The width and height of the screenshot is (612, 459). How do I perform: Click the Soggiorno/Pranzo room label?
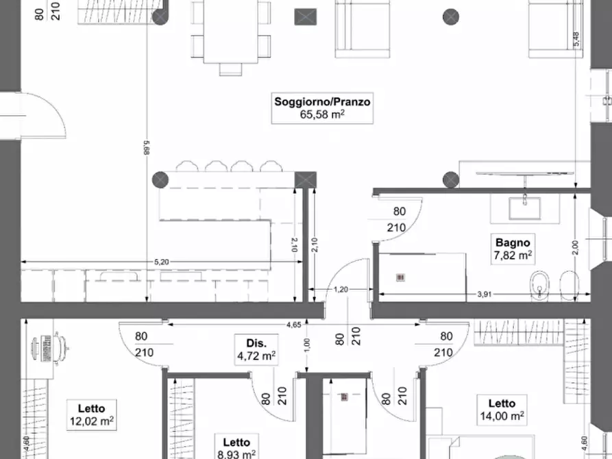pyautogui.click(x=322, y=101)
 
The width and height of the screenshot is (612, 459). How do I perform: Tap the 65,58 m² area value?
pyautogui.click(x=322, y=114)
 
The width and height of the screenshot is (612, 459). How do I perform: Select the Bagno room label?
pyautogui.click(x=513, y=243)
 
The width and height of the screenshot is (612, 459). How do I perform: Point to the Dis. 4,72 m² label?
pyautogui.click(x=256, y=349)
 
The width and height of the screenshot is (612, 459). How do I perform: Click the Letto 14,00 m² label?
pyautogui.click(x=502, y=410)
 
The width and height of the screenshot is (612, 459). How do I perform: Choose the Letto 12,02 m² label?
pyautogui.click(x=92, y=415)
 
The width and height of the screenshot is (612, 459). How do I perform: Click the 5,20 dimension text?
pyautogui.click(x=162, y=262)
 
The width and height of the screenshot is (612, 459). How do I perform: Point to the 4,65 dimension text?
pyautogui.click(x=293, y=325)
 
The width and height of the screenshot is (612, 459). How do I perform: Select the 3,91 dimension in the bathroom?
pyautogui.click(x=484, y=295)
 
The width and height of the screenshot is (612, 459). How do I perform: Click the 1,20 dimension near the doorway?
pyautogui.click(x=341, y=290)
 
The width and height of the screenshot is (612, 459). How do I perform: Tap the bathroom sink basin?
pyautogui.click(x=525, y=208)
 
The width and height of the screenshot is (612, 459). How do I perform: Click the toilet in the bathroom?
pyautogui.click(x=539, y=286)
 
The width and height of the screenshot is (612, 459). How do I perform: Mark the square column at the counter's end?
pyautogui.click(x=305, y=180)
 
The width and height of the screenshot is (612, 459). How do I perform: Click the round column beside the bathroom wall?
pyautogui.click(x=451, y=180)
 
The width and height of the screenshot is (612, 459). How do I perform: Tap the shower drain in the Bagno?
pyautogui.click(x=400, y=277)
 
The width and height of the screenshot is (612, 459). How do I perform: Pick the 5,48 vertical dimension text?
pyautogui.click(x=576, y=39)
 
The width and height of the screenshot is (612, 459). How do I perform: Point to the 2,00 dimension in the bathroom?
pyautogui.click(x=575, y=248)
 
